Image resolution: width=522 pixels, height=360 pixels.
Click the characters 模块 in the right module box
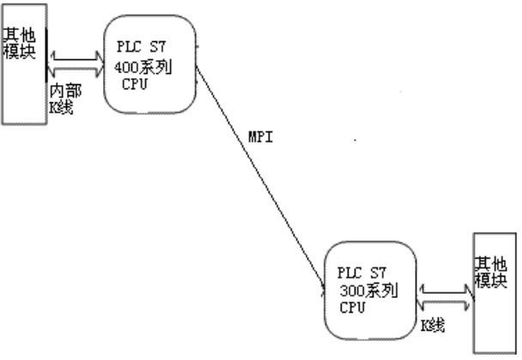(493, 280)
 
